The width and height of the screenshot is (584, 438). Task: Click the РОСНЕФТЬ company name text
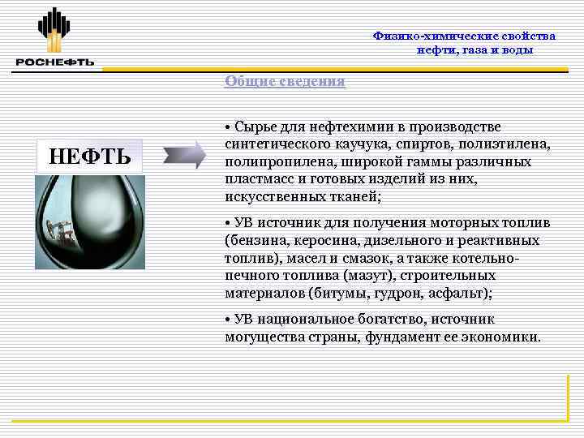[54, 62]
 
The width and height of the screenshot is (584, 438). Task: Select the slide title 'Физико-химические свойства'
[464, 36]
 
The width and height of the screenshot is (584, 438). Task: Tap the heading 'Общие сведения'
[284, 81]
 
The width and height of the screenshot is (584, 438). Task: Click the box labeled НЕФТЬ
[89, 154]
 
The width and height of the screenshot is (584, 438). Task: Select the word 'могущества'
[260, 337]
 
